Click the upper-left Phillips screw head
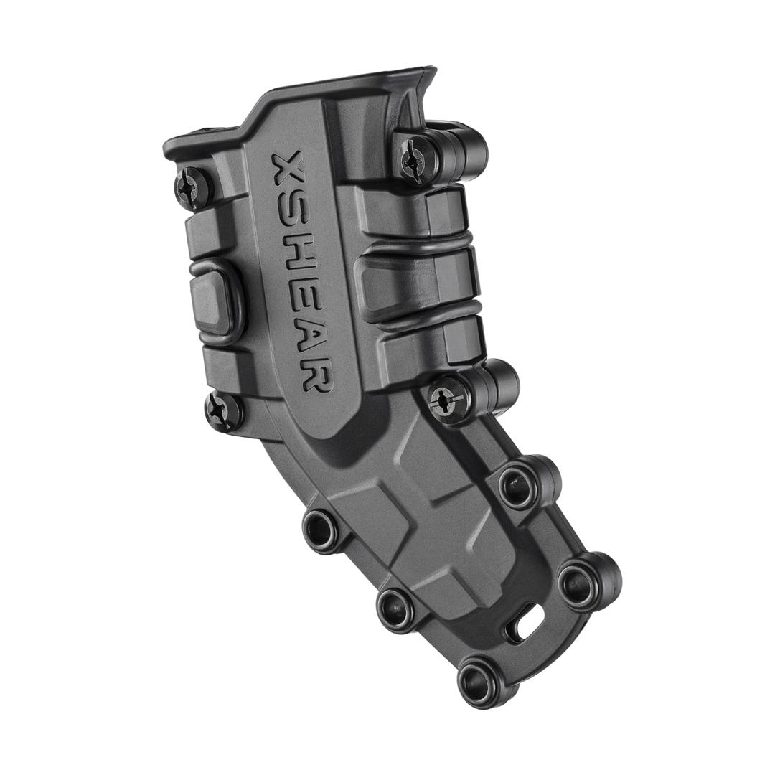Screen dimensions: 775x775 189,189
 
